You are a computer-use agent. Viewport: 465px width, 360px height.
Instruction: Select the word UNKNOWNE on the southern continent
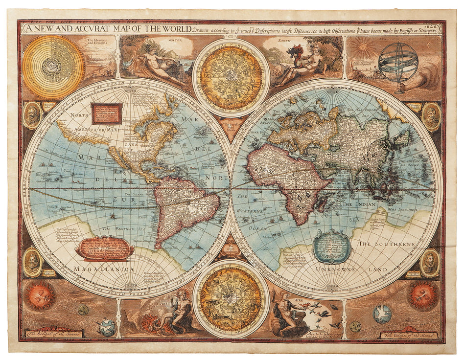click(x=337, y=269)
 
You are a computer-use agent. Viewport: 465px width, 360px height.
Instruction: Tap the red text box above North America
click(x=106, y=112)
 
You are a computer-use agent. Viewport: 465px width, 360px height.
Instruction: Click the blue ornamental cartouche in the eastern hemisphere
click(x=332, y=246)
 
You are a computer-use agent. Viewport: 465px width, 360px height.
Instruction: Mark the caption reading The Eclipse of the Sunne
click(x=55, y=334)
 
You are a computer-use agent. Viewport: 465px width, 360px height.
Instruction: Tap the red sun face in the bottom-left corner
click(x=40, y=295)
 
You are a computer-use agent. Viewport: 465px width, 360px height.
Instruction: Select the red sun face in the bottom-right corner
click(x=423, y=295)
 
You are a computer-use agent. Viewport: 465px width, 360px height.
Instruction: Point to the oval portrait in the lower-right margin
click(x=430, y=263)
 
